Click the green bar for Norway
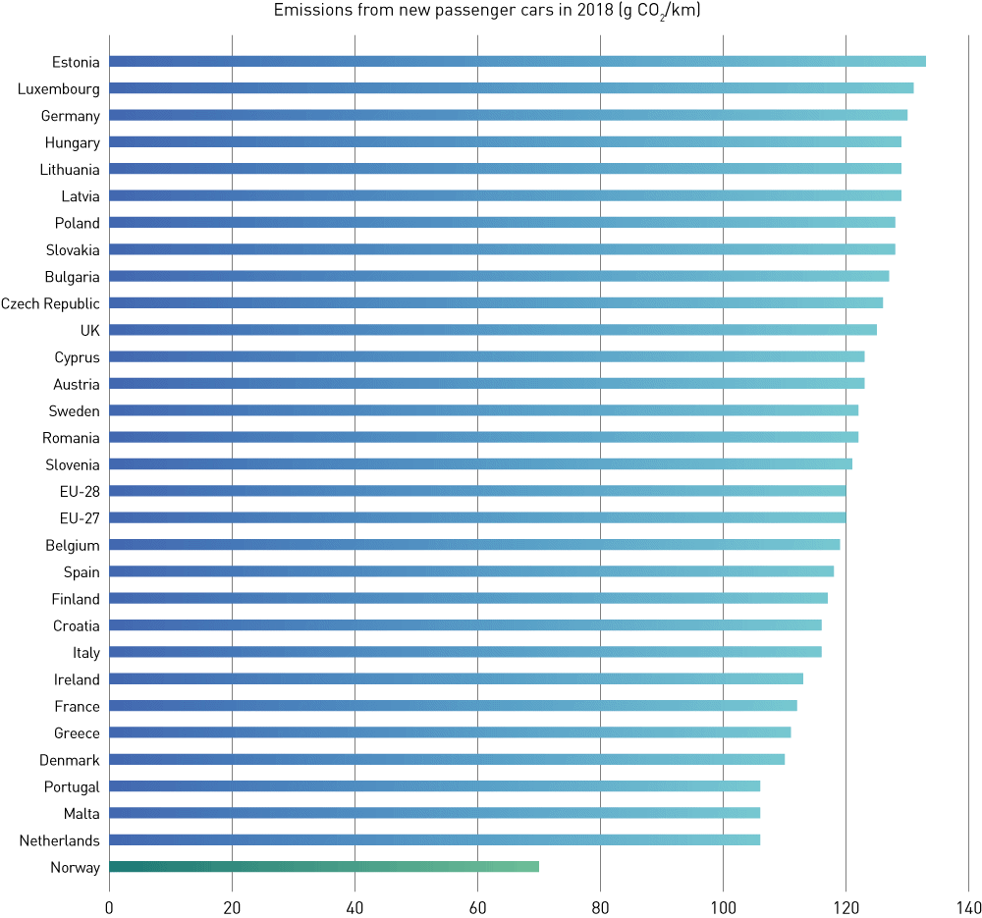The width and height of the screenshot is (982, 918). click(x=324, y=867)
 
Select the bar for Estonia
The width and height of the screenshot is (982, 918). click(x=518, y=62)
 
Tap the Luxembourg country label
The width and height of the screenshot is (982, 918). click(x=59, y=89)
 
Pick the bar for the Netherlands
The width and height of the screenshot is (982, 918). click(x=434, y=839)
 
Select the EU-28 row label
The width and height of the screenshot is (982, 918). click(x=80, y=491)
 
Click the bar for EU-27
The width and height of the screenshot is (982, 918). click(x=477, y=517)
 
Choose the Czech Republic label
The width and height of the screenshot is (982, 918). click(x=50, y=303)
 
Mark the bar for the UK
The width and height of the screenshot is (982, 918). click(x=493, y=330)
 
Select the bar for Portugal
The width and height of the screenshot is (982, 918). click(x=434, y=786)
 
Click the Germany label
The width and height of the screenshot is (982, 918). click(x=71, y=116)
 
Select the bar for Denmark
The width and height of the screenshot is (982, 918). click(x=447, y=759)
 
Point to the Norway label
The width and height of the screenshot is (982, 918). click(x=76, y=867)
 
